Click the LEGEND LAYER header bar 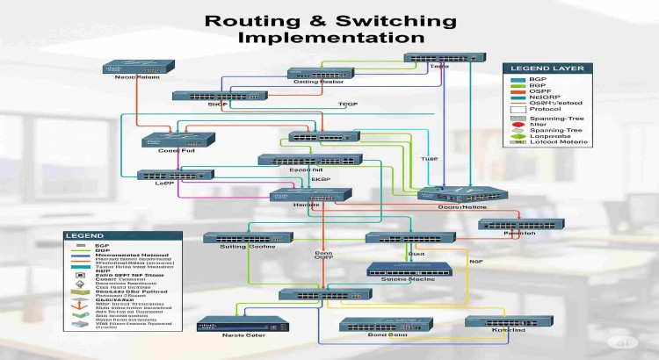click(541, 67)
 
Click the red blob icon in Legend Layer click(517, 126)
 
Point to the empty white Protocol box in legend click(517, 111)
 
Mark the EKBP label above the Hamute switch click(321, 179)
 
